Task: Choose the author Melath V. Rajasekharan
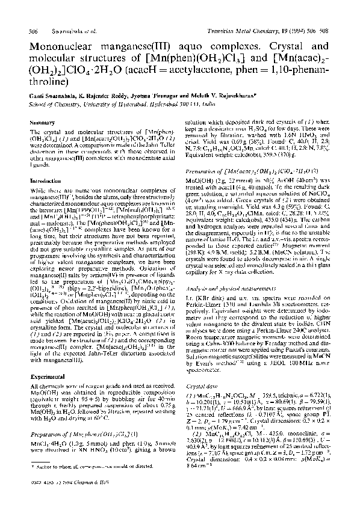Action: [249, 96]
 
